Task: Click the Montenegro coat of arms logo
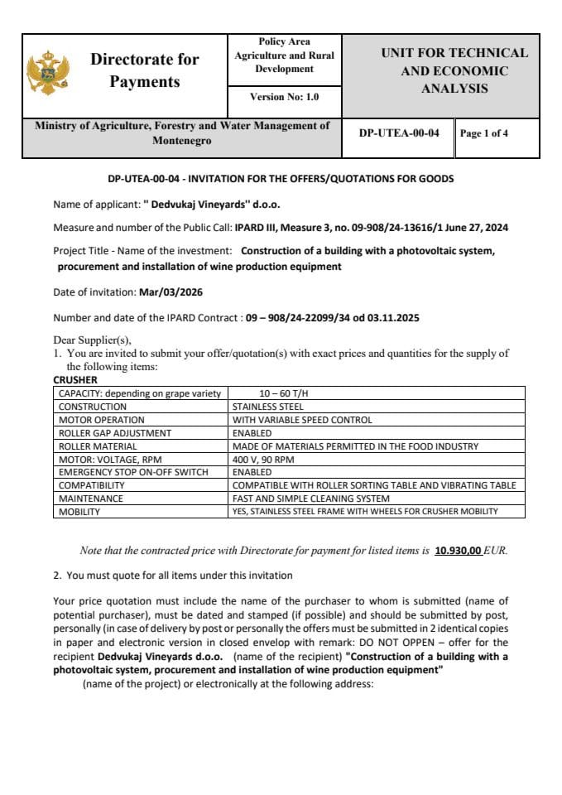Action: tap(46, 72)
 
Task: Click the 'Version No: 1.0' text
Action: tap(284, 97)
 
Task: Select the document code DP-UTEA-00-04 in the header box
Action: tap(399, 132)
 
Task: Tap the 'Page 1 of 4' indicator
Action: tap(484, 132)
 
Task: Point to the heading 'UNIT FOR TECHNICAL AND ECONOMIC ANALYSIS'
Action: tap(454, 70)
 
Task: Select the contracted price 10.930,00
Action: tap(458, 550)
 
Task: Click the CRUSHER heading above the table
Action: tap(75, 380)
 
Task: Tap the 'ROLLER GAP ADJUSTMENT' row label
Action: tap(115, 433)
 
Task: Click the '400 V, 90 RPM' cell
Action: tap(263, 459)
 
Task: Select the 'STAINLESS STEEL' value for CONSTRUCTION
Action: tap(268, 407)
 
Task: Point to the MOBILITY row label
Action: tap(79, 512)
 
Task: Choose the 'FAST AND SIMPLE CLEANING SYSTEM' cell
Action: tap(310, 499)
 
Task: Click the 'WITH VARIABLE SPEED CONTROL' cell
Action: tap(302, 420)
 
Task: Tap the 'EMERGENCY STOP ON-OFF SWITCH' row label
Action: tap(132, 472)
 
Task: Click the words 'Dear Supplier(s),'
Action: tap(92, 340)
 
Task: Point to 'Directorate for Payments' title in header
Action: tap(144, 70)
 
